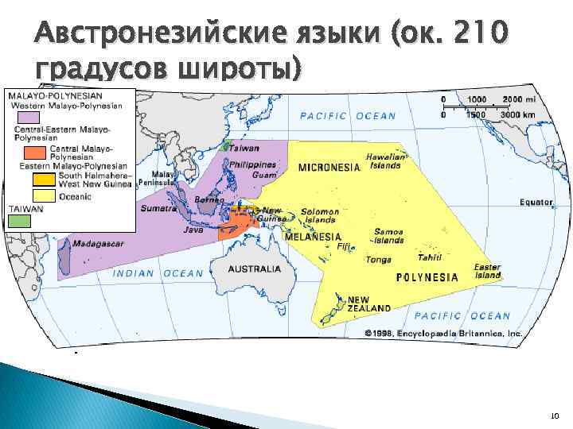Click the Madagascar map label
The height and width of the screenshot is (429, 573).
[x=98, y=245]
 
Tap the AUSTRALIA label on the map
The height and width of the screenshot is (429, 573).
[x=255, y=269]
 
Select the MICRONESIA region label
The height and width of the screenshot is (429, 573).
[x=329, y=168]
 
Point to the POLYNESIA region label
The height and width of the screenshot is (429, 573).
[x=427, y=277]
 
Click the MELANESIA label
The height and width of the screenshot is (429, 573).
[x=314, y=237]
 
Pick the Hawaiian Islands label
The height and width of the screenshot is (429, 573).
[x=384, y=161]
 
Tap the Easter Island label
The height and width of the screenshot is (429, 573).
[x=487, y=271]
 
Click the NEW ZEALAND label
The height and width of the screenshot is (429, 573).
[x=368, y=303]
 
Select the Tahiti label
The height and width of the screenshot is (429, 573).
[x=430, y=257]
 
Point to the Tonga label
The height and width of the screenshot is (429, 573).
[x=378, y=259]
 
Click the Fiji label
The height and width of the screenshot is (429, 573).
[x=344, y=246]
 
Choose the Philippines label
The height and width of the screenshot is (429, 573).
[x=251, y=164]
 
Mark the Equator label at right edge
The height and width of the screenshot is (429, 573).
[x=536, y=202]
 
